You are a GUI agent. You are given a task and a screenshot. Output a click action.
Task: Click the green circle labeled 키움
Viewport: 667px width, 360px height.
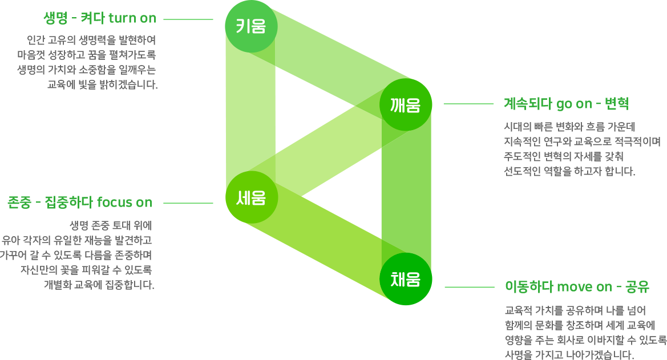point(251,26)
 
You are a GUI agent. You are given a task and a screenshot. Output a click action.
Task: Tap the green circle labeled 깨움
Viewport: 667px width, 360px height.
point(406,104)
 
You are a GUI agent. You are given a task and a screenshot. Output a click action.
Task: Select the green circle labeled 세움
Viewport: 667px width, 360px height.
point(252,197)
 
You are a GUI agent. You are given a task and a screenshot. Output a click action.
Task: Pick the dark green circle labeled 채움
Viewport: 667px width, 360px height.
point(406,279)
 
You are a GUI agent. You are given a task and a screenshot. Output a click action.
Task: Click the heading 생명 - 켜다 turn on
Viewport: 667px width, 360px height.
point(99,18)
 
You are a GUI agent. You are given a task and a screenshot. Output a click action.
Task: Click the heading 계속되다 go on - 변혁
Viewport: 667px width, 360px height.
point(566,104)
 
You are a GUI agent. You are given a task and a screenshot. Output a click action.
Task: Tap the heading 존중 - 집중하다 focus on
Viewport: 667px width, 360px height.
point(79,202)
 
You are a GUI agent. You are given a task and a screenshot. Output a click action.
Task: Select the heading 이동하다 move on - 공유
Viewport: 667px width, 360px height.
point(577,286)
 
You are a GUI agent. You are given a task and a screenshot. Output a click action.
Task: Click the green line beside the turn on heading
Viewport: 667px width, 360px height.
point(188,19)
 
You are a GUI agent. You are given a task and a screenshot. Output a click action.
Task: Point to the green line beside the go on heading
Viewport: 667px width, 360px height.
point(468,104)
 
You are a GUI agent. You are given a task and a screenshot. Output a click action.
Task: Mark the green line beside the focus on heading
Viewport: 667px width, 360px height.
point(188,203)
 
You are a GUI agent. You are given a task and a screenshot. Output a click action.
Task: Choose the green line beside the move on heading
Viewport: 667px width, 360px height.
point(469,287)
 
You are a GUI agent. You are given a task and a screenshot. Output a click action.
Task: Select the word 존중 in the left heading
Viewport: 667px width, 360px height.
point(19,202)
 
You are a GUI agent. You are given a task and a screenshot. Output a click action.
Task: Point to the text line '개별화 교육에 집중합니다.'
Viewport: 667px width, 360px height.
point(99,284)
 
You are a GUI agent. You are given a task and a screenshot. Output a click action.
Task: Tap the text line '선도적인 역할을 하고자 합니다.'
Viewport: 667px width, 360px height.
point(569,171)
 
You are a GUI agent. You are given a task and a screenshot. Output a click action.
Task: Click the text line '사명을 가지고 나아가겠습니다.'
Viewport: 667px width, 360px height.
point(569,355)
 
